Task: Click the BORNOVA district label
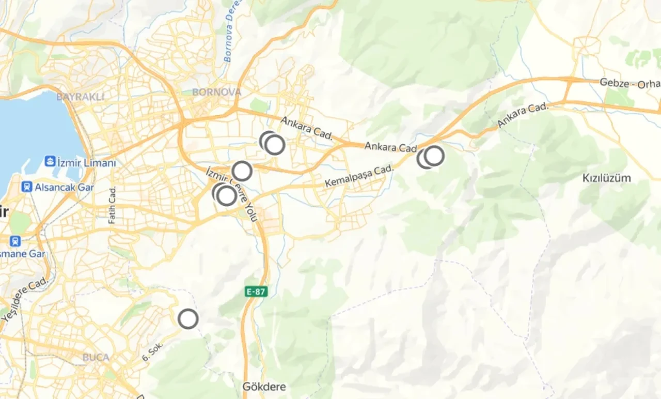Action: pyautogui.click(x=216, y=92)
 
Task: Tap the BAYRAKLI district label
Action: pyautogui.click(x=80, y=97)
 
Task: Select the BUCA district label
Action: pyautogui.click(x=96, y=357)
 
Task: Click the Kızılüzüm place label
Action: pyautogui.click(x=607, y=178)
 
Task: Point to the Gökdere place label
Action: pyautogui.click(x=264, y=386)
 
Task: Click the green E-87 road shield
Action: pyautogui.click(x=256, y=291)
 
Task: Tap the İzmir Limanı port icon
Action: pyautogui.click(x=50, y=161)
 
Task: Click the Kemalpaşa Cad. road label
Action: pyautogui.click(x=359, y=176)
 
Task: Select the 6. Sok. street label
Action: pyautogui.click(x=153, y=350)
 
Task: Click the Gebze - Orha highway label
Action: pyautogui.click(x=629, y=83)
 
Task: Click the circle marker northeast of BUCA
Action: pyautogui.click(x=188, y=319)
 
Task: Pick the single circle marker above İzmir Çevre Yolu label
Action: pyautogui.click(x=242, y=171)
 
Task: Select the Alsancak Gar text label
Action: pyautogui.click(x=65, y=187)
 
